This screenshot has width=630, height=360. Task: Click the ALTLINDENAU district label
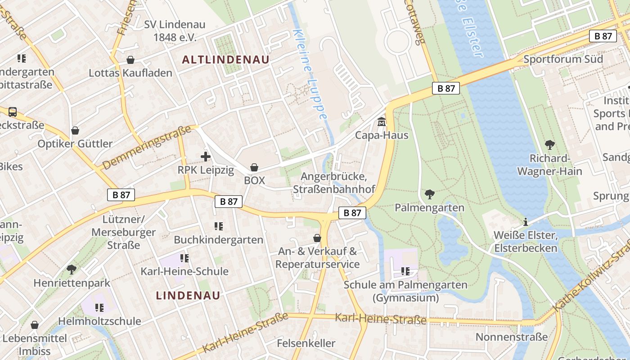[x=225, y=59]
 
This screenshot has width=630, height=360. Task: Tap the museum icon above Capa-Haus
[x=382, y=121]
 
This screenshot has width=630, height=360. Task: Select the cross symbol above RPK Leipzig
[x=205, y=157]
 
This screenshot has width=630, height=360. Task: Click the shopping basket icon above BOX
[x=254, y=167]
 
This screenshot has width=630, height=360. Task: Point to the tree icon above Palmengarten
[x=429, y=194]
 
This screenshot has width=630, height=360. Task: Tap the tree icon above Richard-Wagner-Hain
[x=549, y=145]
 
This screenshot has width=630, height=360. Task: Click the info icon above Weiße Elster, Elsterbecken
[x=525, y=222]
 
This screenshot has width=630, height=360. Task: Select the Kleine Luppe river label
[x=310, y=74]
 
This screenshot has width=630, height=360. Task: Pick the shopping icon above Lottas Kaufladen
[x=130, y=60]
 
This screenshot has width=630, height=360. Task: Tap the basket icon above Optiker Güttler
[x=75, y=130]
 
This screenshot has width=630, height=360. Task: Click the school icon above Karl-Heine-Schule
[x=184, y=258]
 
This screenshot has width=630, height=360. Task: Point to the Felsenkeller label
[x=306, y=343]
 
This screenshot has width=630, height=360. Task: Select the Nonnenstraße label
[x=512, y=337]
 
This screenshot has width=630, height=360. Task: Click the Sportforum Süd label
[x=563, y=59]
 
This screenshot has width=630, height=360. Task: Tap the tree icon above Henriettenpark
[x=71, y=270]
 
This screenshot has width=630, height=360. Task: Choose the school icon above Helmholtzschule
[x=99, y=308]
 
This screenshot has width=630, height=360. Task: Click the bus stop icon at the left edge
[x=13, y=112]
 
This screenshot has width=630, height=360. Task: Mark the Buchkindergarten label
[x=219, y=239]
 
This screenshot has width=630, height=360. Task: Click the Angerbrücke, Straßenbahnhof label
[x=334, y=183]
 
